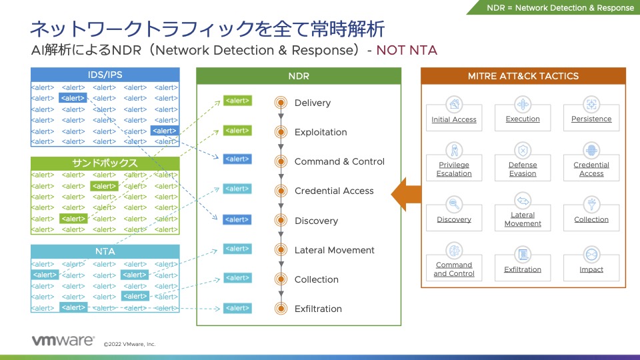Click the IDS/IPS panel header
point(105,75)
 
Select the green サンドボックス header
point(105,163)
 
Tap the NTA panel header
point(105,251)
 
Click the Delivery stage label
point(312,103)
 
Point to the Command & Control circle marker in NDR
point(281,161)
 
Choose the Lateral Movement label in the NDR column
point(334,250)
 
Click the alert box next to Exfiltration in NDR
point(237,308)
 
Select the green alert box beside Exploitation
point(237,131)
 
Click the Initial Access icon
point(454,104)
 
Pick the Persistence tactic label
point(591,119)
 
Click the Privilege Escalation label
point(454,169)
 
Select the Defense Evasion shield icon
point(523,150)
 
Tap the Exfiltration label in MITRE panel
point(523,269)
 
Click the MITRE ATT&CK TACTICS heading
point(523,76)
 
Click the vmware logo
point(63,341)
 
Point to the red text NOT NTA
point(407,50)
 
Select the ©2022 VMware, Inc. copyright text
point(129,344)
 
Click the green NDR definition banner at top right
point(560,8)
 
